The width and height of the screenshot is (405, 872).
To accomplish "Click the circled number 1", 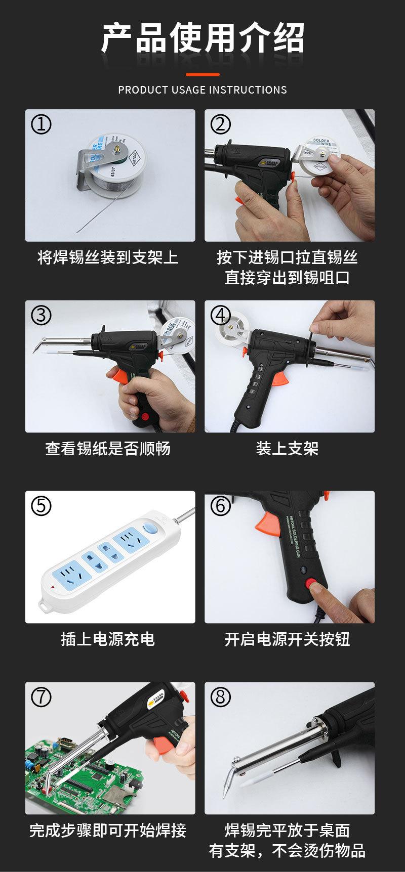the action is [x=42, y=124].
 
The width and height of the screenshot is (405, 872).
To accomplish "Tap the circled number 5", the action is [x=42, y=506].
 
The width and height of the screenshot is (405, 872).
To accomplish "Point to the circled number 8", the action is [x=220, y=697].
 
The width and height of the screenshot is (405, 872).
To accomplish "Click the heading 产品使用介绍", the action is [x=202, y=38].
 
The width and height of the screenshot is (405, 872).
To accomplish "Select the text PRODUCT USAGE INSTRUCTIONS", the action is [x=202, y=90].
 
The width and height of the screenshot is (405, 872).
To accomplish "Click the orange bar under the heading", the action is [x=202, y=74].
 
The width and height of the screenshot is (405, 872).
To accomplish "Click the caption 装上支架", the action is [x=287, y=448].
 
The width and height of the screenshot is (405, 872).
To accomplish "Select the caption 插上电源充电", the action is [x=108, y=639].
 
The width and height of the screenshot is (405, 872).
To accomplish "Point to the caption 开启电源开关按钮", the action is [x=287, y=639].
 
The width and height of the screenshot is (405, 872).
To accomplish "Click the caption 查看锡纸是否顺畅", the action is [x=108, y=448].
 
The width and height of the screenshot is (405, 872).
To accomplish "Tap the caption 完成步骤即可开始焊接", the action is [x=108, y=830].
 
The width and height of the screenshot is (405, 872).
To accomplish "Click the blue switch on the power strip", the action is [x=149, y=529].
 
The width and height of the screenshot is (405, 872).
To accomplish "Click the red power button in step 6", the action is [x=309, y=583].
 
